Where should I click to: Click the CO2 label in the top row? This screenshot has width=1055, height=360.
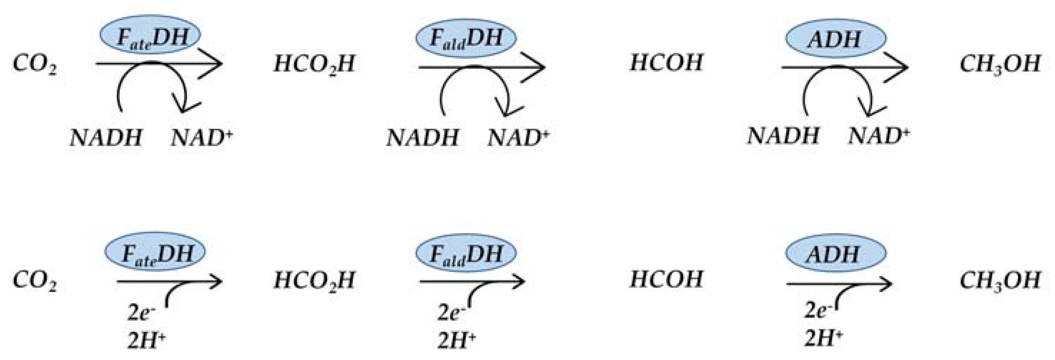(35, 64)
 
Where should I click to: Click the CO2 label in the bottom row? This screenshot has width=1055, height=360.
(35, 281)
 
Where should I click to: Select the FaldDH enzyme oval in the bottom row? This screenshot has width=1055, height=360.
(466, 254)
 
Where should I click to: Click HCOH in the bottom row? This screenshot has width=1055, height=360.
(666, 280)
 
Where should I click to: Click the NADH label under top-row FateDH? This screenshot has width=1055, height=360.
(106, 138)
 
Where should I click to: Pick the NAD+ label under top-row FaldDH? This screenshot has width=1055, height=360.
(518, 138)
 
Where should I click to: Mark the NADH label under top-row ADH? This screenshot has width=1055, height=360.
(783, 136)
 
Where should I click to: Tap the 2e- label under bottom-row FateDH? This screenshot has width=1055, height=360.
(141, 313)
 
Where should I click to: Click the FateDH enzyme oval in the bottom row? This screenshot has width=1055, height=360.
(155, 253)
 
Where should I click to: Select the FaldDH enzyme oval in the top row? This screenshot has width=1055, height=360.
(466, 38)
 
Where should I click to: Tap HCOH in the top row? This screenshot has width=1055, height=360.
(666, 63)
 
